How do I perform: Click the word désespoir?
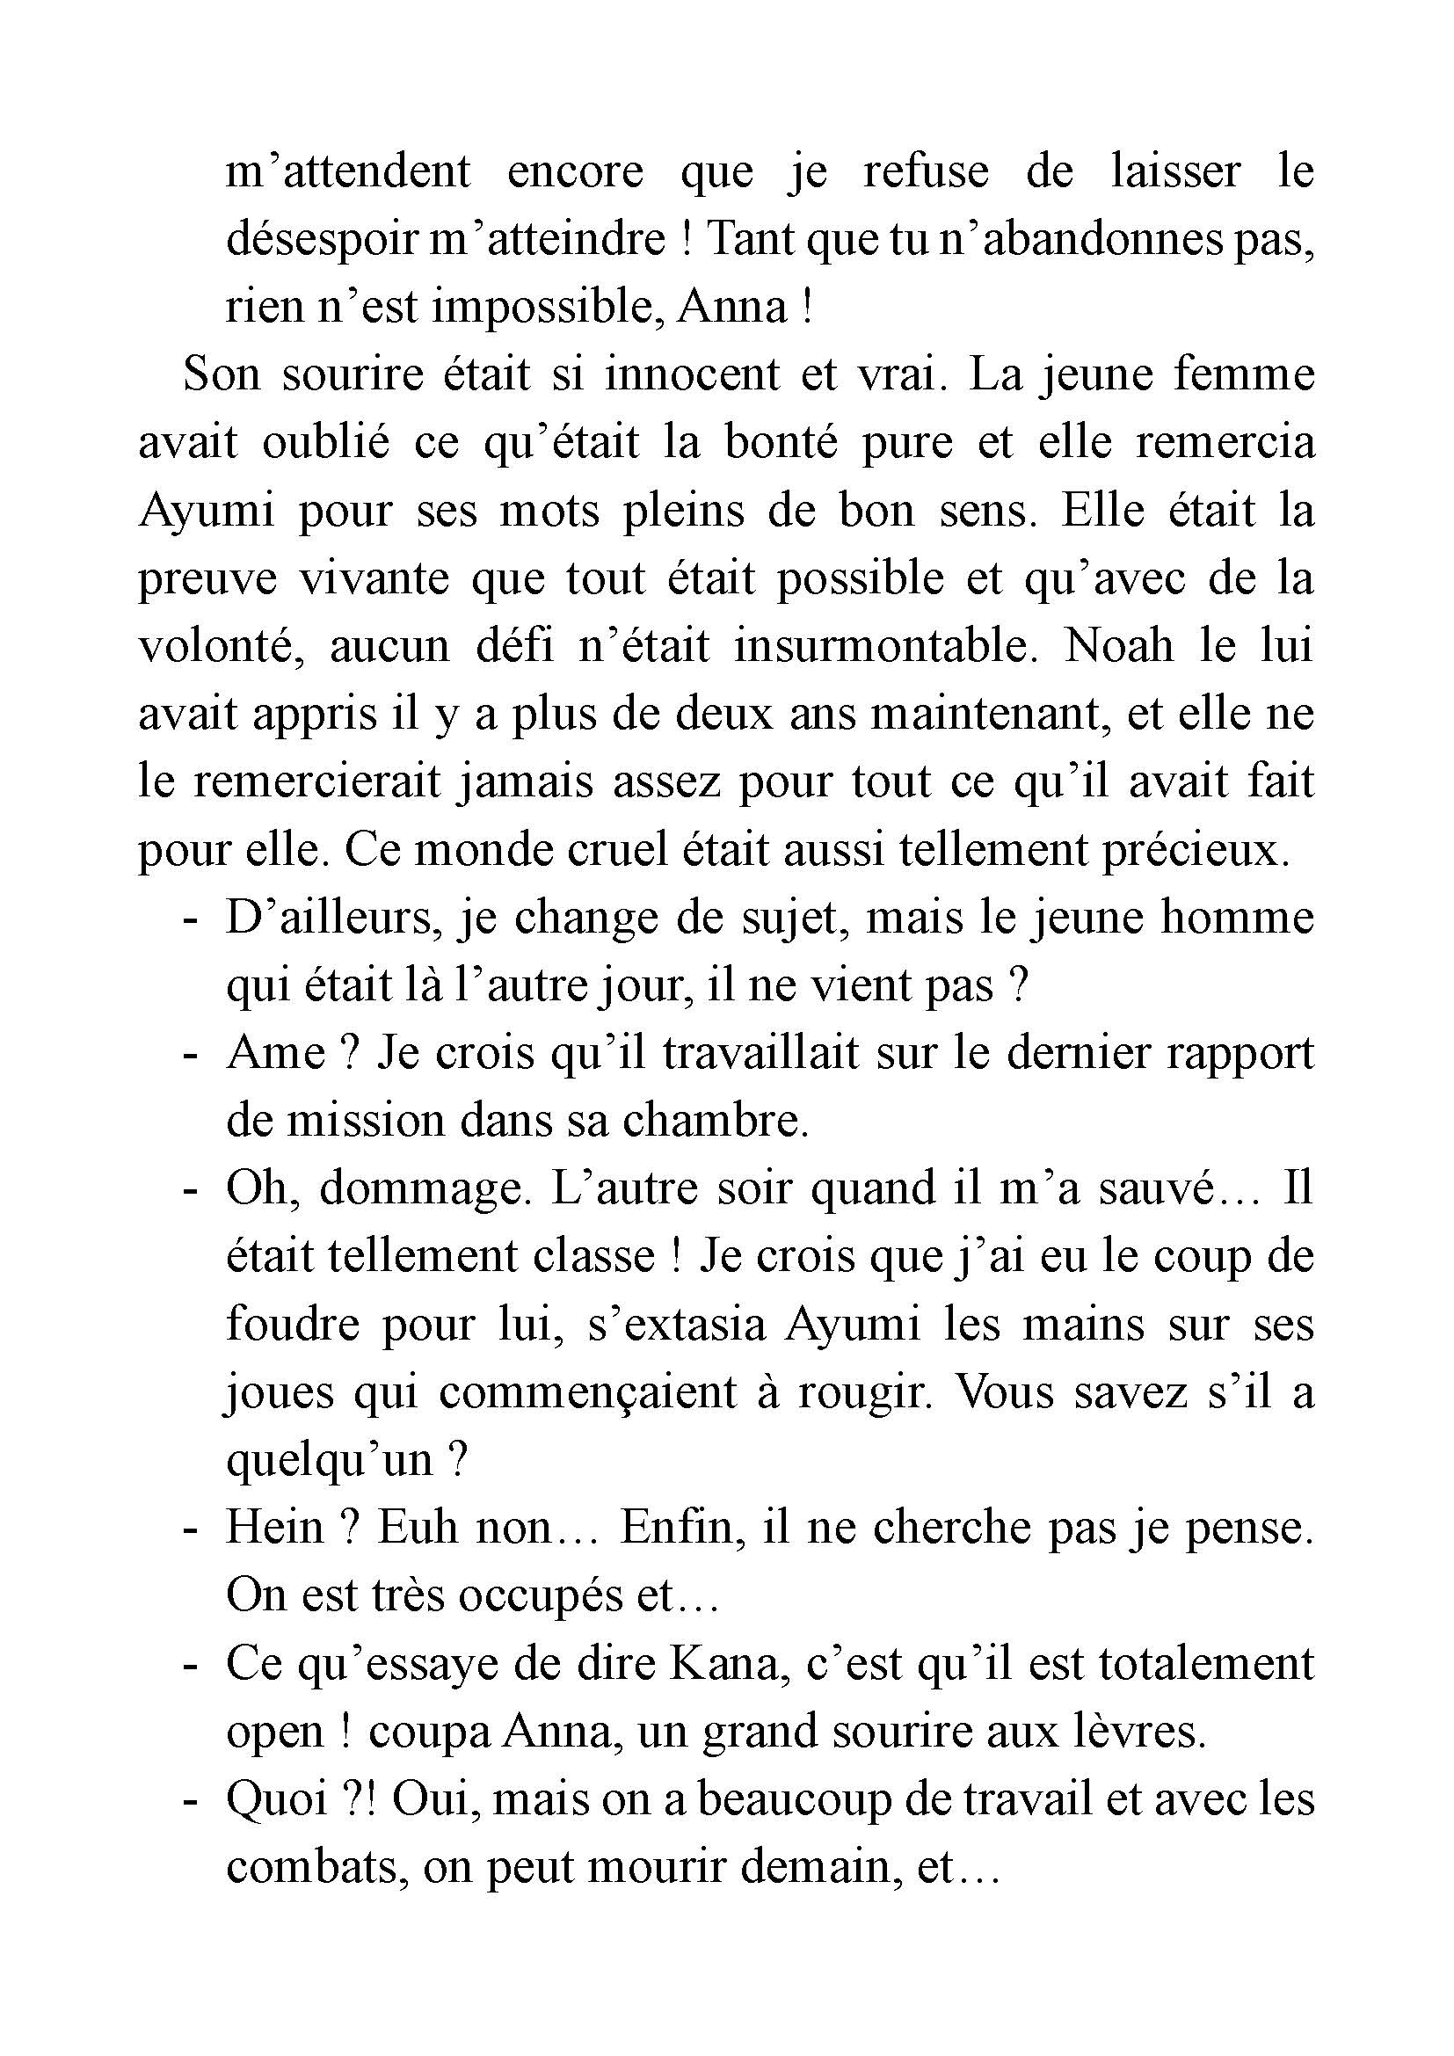click(x=321, y=239)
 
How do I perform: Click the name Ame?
click(x=275, y=1053)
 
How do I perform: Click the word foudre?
click(x=287, y=1326)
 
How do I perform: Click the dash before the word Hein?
click(x=189, y=1530)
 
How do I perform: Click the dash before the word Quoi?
click(x=189, y=1802)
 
